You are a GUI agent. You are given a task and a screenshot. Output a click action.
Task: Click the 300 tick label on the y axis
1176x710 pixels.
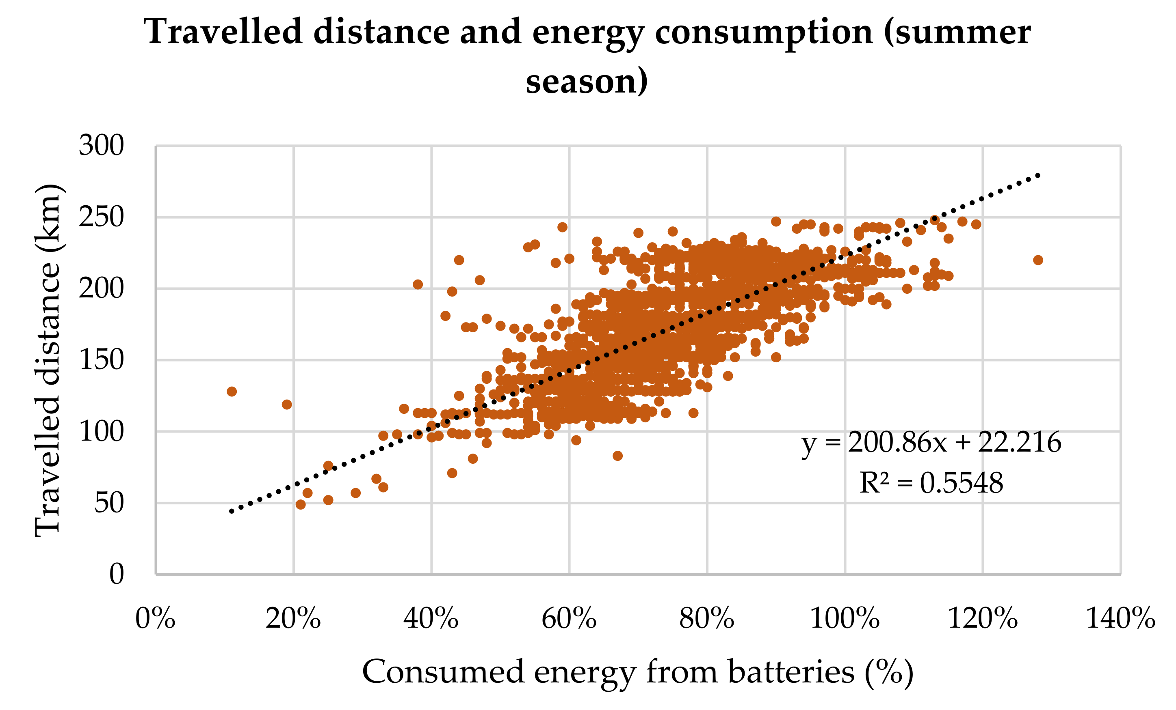tap(101, 145)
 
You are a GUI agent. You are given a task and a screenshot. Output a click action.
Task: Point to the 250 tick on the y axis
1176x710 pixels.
tap(101, 217)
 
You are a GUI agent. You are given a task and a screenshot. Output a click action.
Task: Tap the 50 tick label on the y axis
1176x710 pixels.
tap(109, 503)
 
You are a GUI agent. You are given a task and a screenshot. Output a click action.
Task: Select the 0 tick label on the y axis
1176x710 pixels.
tap(117, 574)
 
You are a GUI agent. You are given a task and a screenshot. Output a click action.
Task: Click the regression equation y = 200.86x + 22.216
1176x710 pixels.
tap(931, 443)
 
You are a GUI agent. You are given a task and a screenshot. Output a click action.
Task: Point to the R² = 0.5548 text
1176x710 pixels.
tap(931, 483)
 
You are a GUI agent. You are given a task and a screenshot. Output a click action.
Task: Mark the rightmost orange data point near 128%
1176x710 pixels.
tap(1037, 260)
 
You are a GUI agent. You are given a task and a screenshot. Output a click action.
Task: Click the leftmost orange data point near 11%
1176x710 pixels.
tap(232, 392)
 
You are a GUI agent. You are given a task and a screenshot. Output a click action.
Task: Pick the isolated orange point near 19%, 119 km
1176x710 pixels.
tap(287, 404)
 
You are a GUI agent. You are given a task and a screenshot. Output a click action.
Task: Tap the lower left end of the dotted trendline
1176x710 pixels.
tap(232, 511)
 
